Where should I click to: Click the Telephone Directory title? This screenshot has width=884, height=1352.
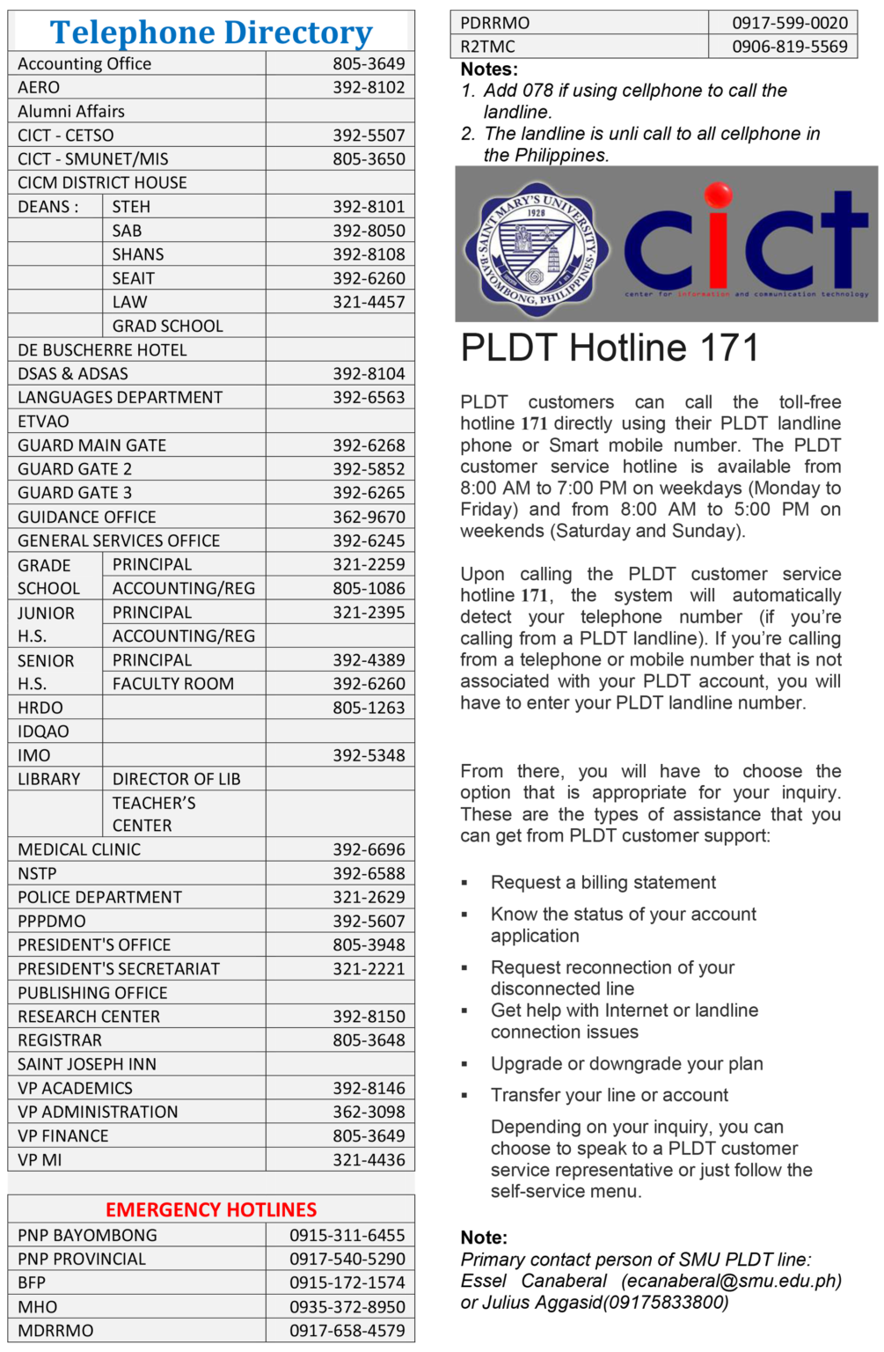click(211, 33)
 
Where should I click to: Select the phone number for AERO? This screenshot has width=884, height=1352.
click(369, 87)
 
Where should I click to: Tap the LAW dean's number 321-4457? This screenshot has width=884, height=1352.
click(369, 302)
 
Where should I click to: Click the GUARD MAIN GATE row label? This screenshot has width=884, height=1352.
click(92, 445)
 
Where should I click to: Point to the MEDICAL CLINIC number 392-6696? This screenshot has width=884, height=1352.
click(369, 849)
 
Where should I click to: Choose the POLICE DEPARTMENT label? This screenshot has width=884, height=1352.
click(100, 897)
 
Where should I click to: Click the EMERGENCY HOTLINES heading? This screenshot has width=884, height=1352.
click(211, 1209)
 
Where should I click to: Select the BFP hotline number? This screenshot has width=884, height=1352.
click(347, 1282)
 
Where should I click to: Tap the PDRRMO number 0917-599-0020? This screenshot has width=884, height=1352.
click(790, 23)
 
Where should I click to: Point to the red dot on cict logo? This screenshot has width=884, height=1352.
click(718, 195)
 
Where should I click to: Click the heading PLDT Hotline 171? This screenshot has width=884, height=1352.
click(609, 348)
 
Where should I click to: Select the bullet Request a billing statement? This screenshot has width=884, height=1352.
click(603, 882)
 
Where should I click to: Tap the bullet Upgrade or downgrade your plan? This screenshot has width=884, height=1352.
click(626, 1063)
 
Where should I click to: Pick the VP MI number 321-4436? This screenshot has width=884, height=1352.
click(369, 1160)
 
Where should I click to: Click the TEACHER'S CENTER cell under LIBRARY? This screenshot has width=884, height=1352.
click(154, 814)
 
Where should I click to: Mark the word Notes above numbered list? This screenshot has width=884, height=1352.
click(489, 69)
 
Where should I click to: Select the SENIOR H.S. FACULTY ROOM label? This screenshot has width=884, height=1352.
click(173, 684)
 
